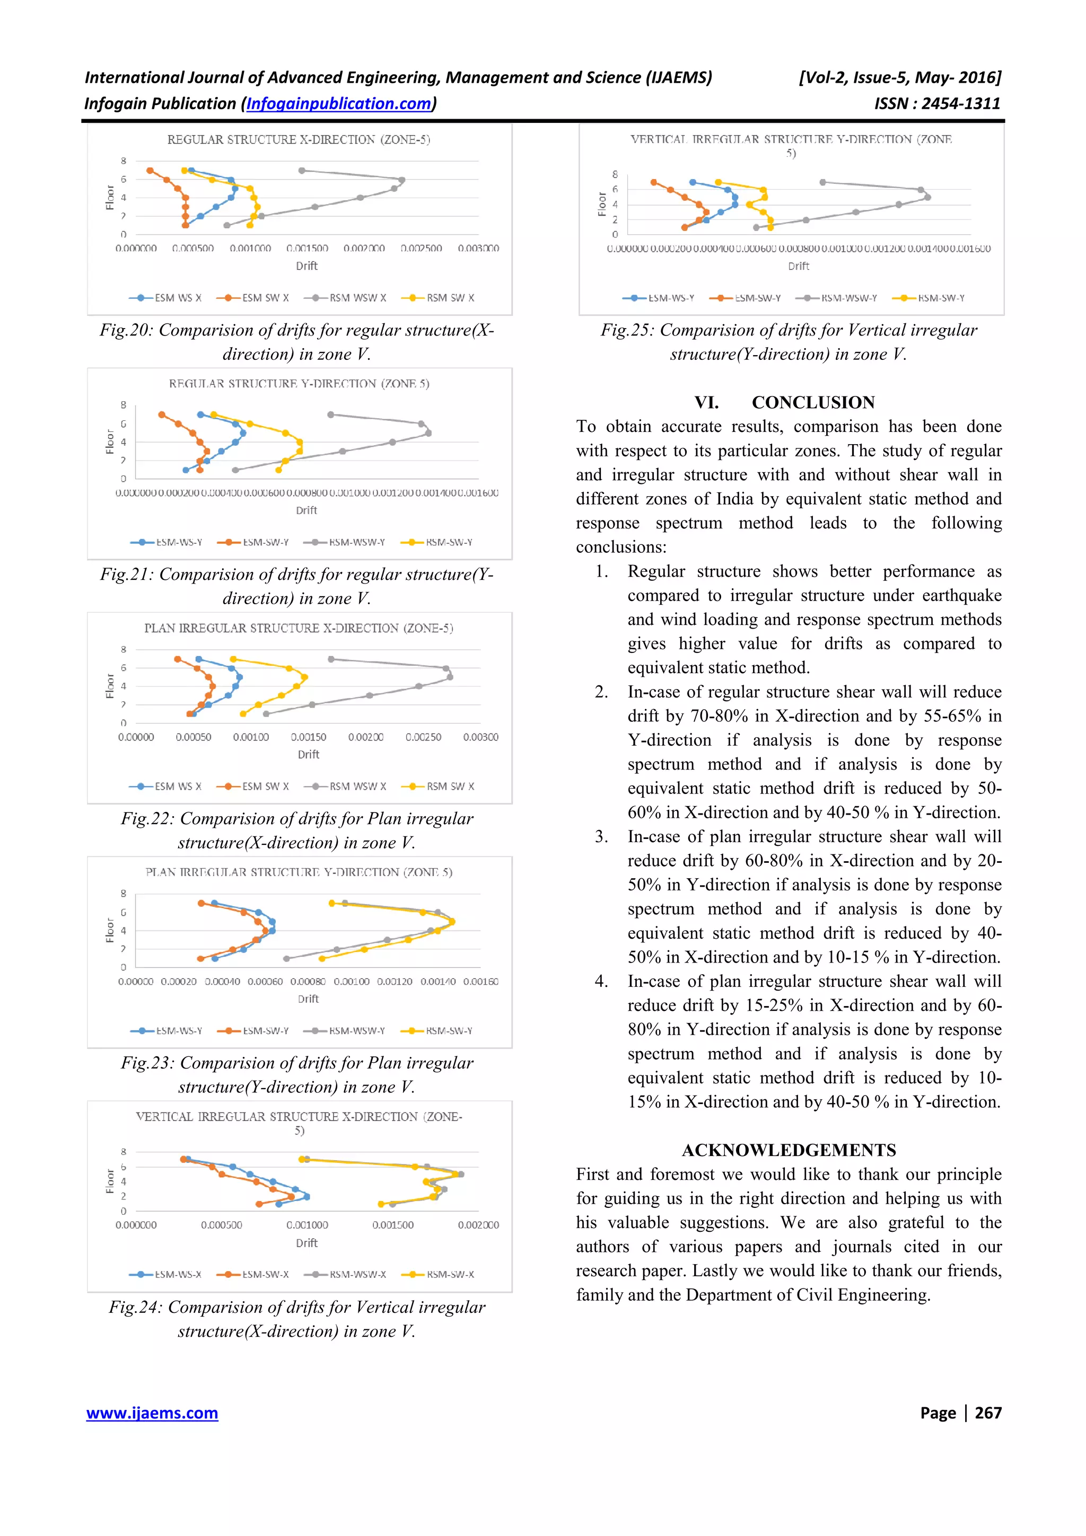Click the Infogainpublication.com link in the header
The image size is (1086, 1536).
339,104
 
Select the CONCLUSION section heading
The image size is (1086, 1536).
812,402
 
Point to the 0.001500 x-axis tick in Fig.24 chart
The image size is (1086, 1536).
393,1225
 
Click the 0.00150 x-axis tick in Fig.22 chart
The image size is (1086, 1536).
309,737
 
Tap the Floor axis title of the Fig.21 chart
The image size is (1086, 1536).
110,442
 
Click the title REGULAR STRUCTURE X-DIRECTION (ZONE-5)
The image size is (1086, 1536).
299,139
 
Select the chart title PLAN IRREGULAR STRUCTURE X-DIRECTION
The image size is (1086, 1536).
299,628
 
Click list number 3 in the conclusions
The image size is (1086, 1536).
601,836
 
